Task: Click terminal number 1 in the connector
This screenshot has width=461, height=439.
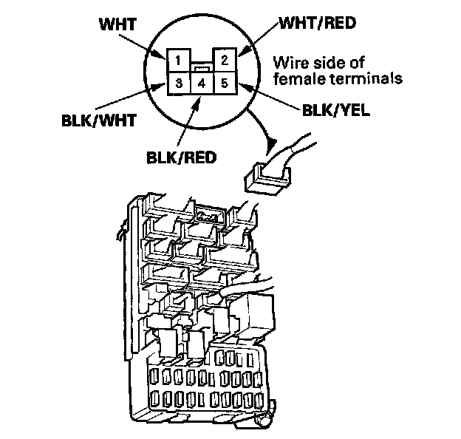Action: point(179,61)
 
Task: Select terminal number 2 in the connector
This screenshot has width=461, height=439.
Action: point(225,60)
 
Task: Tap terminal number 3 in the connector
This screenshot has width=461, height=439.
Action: point(179,84)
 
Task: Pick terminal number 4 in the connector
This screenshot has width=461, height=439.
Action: point(202,84)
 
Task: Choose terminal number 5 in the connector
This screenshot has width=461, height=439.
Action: point(225,84)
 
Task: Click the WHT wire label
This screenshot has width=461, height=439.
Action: point(118,24)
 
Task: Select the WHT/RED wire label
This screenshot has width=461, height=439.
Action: point(318,23)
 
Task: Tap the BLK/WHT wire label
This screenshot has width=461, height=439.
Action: point(99,120)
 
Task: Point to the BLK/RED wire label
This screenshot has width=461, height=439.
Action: point(181,157)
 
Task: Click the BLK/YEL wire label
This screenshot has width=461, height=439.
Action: point(336,111)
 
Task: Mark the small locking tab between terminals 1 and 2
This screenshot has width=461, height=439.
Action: point(202,69)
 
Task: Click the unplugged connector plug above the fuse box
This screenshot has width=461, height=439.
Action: point(267,180)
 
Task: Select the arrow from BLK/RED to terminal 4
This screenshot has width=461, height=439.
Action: point(188,120)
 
